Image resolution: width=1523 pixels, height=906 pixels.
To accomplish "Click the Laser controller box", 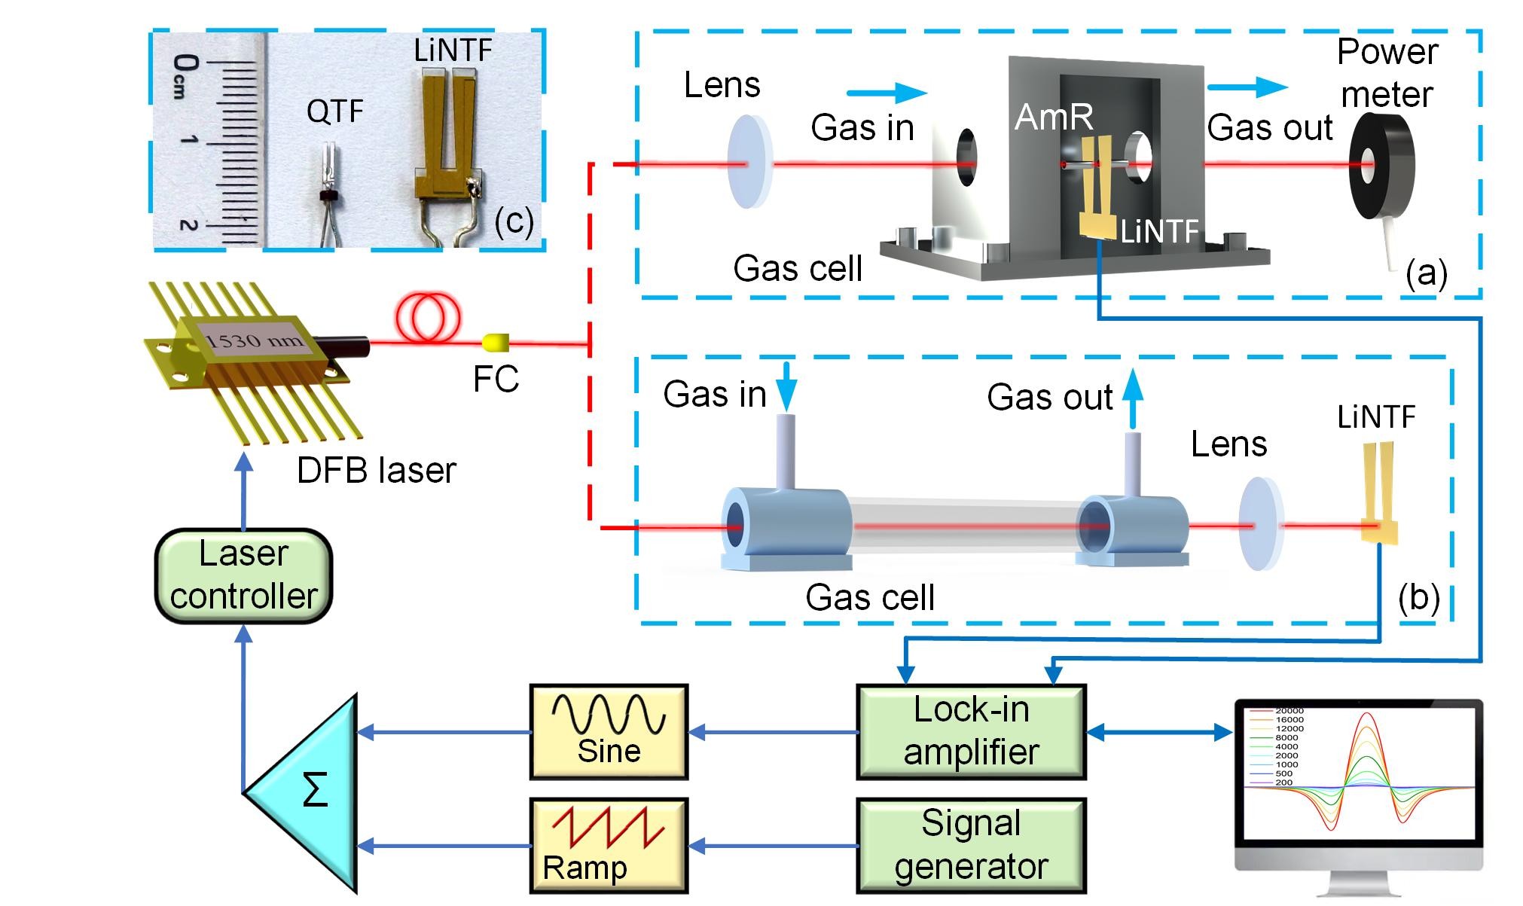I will [x=243, y=575].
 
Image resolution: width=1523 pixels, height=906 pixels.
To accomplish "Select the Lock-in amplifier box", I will [x=971, y=731].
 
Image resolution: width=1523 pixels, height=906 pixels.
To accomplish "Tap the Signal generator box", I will [x=971, y=845].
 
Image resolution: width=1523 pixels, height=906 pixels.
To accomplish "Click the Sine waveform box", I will [x=609, y=731].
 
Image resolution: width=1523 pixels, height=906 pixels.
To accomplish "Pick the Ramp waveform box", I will [x=609, y=845].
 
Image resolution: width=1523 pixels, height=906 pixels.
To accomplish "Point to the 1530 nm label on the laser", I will [x=255, y=340].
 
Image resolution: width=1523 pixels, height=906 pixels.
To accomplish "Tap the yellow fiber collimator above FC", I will [x=496, y=343].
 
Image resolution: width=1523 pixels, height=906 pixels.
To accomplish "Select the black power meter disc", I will [x=1380, y=166].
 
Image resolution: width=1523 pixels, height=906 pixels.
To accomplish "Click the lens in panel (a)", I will [x=749, y=161].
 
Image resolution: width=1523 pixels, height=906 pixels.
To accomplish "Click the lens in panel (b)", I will [x=1259, y=523].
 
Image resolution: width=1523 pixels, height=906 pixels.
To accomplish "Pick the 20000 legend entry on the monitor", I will [x=1289, y=711].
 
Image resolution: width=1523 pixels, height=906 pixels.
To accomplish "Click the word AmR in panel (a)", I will [x=1053, y=117].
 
